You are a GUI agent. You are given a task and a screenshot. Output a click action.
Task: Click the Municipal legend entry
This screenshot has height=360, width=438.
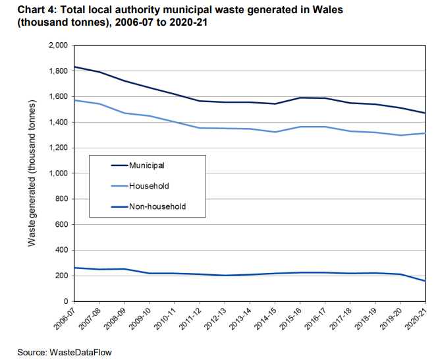(138, 165)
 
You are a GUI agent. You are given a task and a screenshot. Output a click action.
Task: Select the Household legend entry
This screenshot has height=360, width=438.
(140, 186)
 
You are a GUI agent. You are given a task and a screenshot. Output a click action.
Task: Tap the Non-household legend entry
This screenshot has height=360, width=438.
(149, 206)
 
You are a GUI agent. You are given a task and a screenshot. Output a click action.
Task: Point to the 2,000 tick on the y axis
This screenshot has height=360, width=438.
(59, 45)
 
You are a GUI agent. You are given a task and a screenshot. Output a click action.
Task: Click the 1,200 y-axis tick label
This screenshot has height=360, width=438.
(59, 148)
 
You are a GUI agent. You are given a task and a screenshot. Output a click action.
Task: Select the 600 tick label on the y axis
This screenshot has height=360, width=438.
(62, 224)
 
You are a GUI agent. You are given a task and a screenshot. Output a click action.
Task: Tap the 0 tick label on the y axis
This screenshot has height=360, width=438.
(66, 301)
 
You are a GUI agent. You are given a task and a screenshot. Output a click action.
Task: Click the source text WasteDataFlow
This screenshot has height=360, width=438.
(80, 352)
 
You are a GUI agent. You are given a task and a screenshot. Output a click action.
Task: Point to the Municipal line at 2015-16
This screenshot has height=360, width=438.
(300, 98)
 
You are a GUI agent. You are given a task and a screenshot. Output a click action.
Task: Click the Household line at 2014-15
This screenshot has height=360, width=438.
(275, 132)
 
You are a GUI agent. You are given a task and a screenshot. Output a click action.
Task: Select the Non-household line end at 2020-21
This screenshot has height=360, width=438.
(425, 281)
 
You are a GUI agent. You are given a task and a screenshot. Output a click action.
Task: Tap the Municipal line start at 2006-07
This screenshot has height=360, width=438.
(74, 67)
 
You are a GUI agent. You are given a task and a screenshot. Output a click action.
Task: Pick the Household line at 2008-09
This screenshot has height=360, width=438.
(124, 113)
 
